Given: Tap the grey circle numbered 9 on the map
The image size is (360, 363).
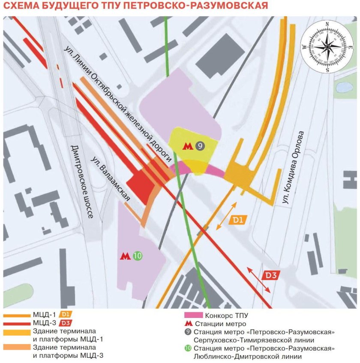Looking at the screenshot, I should (x=199, y=146).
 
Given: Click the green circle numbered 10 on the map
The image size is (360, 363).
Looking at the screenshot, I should (x=137, y=256).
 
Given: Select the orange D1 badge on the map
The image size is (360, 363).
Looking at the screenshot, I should (x=238, y=220).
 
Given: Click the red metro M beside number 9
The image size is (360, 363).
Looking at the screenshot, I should (x=188, y=146).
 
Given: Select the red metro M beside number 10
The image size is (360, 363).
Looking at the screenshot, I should (x=125, y=256).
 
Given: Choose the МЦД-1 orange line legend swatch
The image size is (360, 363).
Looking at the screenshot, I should (x=16, y=315).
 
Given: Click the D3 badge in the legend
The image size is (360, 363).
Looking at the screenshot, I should (x=65, y=323).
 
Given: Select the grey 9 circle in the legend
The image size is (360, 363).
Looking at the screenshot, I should (x=187, y=332).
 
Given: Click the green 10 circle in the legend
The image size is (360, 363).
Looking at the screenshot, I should (x=187, y=348).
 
